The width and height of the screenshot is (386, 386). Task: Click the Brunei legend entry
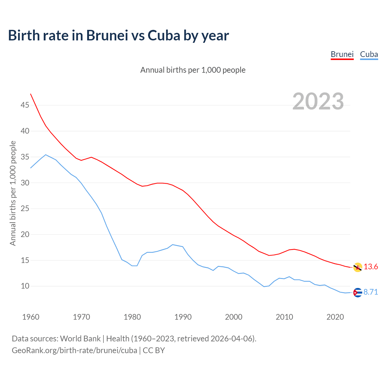(x=342, y=54)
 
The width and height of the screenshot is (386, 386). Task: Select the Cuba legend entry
(x=369, y=54)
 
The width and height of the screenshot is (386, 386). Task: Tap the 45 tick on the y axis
(x=25, y=105)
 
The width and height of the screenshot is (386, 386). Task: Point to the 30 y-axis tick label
(x=25, y=183)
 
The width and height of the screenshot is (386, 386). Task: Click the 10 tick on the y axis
(x=25, y=286)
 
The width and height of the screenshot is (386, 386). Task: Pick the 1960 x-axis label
(x=31, y=317)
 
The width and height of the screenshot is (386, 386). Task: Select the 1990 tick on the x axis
(x=183, y=317)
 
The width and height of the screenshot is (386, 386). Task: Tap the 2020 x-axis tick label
(x=335, y=317)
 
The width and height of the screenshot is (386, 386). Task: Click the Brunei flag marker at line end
(x=358, y=267)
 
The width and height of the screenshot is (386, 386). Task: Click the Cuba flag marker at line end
(x=358, y=293)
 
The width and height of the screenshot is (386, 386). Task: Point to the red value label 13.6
(x=371, y=267)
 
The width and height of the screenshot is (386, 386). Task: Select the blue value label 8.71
(x=371, y=292)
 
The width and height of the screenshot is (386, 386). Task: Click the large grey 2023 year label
(x=318, y=101)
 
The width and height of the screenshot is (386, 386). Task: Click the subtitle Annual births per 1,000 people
(x=193, y=70)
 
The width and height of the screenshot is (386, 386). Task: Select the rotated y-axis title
(x=13, y=193)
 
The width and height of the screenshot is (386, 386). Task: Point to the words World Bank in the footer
(x=80, y=338)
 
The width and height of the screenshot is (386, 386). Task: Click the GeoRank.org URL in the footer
(x=74, y=350)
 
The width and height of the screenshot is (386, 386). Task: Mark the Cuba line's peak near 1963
(x=46, y=155)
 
